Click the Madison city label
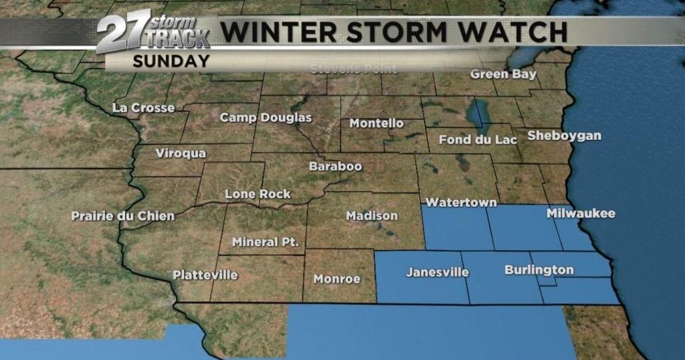pos(372,215)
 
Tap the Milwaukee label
pos(581,214)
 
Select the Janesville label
pos(437,272)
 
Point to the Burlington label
pos(539,270)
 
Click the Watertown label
pos(462,202)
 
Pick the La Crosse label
pos(144,108)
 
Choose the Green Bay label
pos(503,74)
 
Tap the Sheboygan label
pos(565,136)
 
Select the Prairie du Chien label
pos(123,216)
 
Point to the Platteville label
pos(205,275)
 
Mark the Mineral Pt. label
pos(266,242)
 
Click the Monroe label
pos(337,279)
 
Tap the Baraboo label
pos(335,166)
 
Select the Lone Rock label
pos(258,194)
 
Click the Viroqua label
pos(181,153)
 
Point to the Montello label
pos(377,124)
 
